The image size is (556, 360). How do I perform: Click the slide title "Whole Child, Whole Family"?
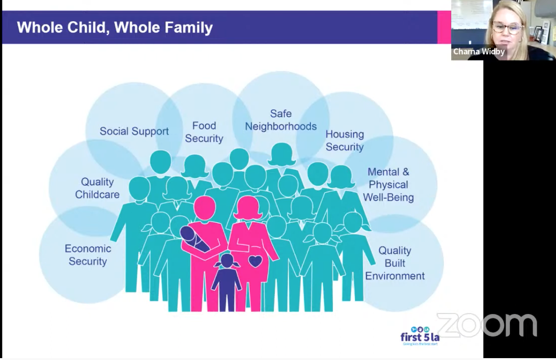click(x=115, y=28)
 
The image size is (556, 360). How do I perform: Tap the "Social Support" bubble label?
click(x=134, y=132)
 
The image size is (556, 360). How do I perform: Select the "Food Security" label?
click(x=204, y=132)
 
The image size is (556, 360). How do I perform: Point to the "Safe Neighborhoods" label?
click(x=281, y=120)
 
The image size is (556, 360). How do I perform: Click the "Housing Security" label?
click(x=345, y=141)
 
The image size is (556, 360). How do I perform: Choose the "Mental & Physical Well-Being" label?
click(x=388, y=185)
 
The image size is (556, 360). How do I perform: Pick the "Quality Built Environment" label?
click(x=394, y=263)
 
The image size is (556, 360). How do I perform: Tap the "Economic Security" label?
click(x=88, y=255)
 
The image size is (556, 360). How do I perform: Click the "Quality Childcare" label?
click(x=97, y=188)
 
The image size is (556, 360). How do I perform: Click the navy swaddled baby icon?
click(x=194, y=239)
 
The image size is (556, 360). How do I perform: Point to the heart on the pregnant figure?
click(x=255, y=261)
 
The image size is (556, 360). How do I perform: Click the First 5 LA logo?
click(x=420, y=336)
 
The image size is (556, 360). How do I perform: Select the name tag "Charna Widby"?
click(x=479, y=52)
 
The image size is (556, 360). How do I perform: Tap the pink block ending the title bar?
click(x=444, y=27)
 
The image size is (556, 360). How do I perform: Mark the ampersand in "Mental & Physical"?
click(x=406, y=172)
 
